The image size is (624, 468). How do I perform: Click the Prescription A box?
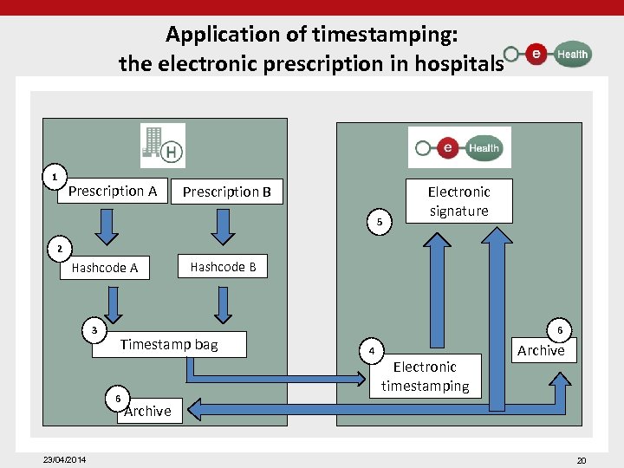(x=113, y=191)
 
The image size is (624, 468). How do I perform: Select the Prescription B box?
(x=227, y=192)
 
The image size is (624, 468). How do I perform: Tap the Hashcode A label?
(x=105, y=268)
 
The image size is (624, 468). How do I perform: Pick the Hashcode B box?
(x=223, y=267)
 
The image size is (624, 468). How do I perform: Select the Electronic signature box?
(x=458, y=201)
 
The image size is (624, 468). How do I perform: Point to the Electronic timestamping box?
(x=425, y=376)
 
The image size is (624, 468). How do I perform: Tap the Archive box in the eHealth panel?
(x=541, y=350)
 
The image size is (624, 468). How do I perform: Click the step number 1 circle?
(x=55, y=178)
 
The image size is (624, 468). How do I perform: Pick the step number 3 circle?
(x=94, y=330)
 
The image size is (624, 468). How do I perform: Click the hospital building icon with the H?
(x=163, y=146)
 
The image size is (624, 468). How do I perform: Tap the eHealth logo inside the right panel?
(x=459, y=148)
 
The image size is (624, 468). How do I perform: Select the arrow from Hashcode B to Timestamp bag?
(x=224, y=304)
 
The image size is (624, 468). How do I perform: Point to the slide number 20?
(x=582, y=460)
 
